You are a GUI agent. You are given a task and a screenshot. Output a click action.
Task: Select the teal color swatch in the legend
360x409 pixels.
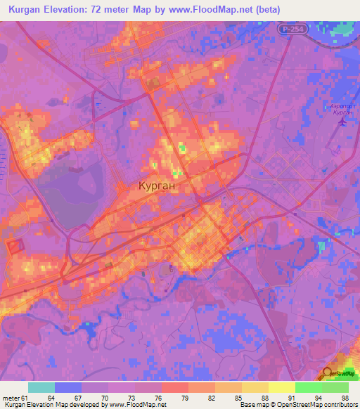[x=41, y=387]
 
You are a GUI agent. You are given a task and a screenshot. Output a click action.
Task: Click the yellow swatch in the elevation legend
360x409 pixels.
[x=281, y=387]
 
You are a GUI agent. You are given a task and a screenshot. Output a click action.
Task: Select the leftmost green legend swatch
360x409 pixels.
[x=308, y=387]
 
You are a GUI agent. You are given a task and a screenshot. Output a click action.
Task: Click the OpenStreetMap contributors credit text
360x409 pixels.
[x=309, y=405]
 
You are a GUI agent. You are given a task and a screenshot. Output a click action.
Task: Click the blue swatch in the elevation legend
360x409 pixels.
[x=68, y=387]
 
